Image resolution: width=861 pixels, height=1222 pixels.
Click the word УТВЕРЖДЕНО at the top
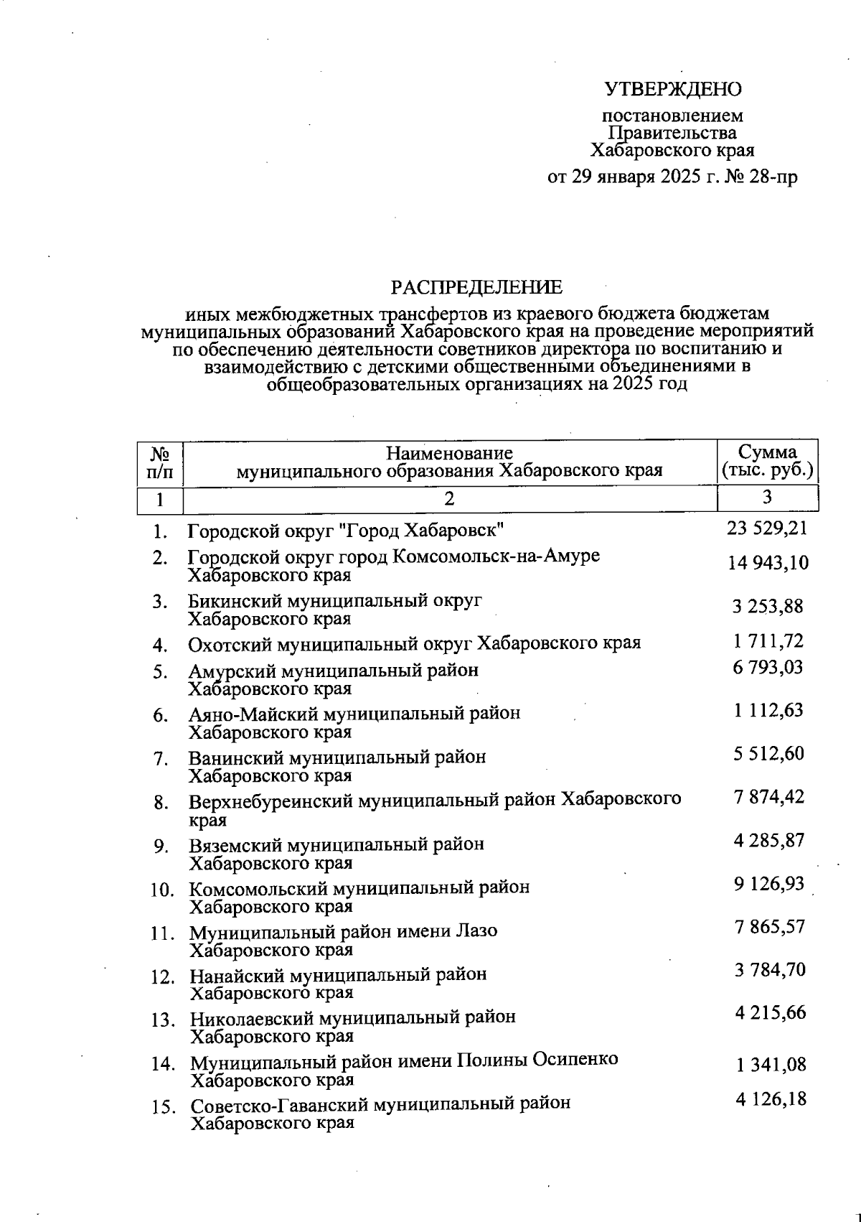(x=672, y=89)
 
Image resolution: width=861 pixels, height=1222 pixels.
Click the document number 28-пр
(x=772, y=177)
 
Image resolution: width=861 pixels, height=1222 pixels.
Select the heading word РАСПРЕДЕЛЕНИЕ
(x=476, y=288)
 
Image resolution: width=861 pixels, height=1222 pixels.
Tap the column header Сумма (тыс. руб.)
(x=768, y=462)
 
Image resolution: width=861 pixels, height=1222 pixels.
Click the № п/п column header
(x=160, y=462)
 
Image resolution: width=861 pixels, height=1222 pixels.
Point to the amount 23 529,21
(x=767, y=529)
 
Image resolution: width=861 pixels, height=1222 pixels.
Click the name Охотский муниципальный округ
(x=330, y=643)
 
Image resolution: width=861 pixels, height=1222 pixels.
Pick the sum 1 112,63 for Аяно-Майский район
(x=768, y=711)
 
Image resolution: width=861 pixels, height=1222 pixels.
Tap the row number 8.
(x=160, y=802)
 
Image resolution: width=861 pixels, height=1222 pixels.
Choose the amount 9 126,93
(x=768, y=884)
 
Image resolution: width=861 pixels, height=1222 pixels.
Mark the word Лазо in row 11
(x=476, y=931)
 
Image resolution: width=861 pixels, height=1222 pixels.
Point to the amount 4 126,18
(x=770, y=1099)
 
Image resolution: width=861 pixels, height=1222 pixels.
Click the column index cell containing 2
(x=449, y=498)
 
